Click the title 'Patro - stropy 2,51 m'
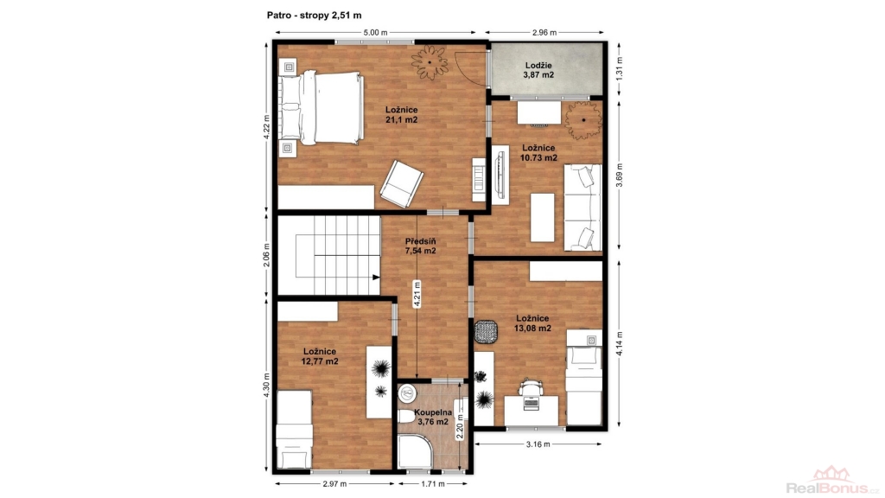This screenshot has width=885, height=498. pyautogui.click(x=314, y=16)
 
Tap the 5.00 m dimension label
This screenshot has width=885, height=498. pyautogui.click(x=375, y=32)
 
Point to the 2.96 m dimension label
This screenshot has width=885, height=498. pyautogui.click(x=544, y=32)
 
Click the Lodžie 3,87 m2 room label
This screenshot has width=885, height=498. pyautogui.click(x=538, y=70)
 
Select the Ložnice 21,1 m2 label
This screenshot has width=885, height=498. pyautogui.click(x=401, y=115)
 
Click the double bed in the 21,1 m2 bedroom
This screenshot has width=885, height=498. pyautogui.click(x=322, y=107)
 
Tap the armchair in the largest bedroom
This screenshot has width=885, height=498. pyautogui.click(x=401, y=183)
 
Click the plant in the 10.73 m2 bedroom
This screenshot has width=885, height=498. pyautogui.click(x=583, y=119)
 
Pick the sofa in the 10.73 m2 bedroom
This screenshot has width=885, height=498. pyautogui.click(x=583, y=207)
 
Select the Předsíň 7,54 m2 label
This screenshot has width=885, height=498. pyautogui.click(x=421, y=246)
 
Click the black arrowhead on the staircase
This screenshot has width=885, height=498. pyautogui.click(x=376, y=278)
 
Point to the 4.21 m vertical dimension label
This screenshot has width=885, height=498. pyautogui.click(x=417, y=294)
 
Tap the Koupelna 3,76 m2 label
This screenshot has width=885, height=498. pyautogui.click(x=433, y=417)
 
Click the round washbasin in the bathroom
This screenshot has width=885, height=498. pyautogui.click(x=406, y=393)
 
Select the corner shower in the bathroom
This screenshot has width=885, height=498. pyautogui.click(x=415, y=451)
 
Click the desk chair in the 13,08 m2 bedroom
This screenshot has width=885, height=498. pyautogui.click(x=532, y=387)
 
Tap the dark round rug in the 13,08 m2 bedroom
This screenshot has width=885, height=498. pyautogui.click(x=486, y=331)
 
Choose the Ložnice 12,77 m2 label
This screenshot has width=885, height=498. pyautogui.click(x=320, y=356)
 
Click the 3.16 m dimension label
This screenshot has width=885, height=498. pyautogui.click(x=538, y=444)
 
